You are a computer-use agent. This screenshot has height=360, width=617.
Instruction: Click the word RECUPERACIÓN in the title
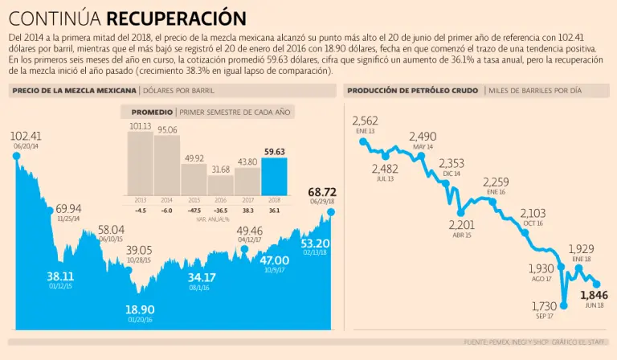[x=176, y=17]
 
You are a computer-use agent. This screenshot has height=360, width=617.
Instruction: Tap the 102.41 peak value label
[x=26, y=136]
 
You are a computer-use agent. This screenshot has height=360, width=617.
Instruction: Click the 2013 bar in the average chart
[x=140, y=165]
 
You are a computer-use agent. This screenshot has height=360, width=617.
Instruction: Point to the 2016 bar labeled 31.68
[x=220, y=186]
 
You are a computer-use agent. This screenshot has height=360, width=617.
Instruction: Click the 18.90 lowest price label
[x=140, y=309]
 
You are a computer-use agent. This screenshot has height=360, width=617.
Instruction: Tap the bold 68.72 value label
[x=322, y=193]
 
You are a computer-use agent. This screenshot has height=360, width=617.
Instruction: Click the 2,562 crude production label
[x=365, y=121]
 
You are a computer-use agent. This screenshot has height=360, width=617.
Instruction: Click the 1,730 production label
[x=544, y=306]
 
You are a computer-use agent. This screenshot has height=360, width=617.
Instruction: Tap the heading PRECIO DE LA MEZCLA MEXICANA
[x=74, y=91]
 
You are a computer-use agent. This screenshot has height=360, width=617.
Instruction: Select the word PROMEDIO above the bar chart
[x=151, y=112]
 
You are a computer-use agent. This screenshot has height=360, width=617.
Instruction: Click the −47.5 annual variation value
[x=193, y=211]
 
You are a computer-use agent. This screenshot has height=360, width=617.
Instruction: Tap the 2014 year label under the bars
[x=167, y=199]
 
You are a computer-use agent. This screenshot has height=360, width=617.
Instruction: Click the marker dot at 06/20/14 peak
[x=15, y=156]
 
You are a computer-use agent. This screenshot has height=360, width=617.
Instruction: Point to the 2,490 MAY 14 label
[x=423, y=137]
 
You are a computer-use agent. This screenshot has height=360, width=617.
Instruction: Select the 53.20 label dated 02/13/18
[x=315, y=243]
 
